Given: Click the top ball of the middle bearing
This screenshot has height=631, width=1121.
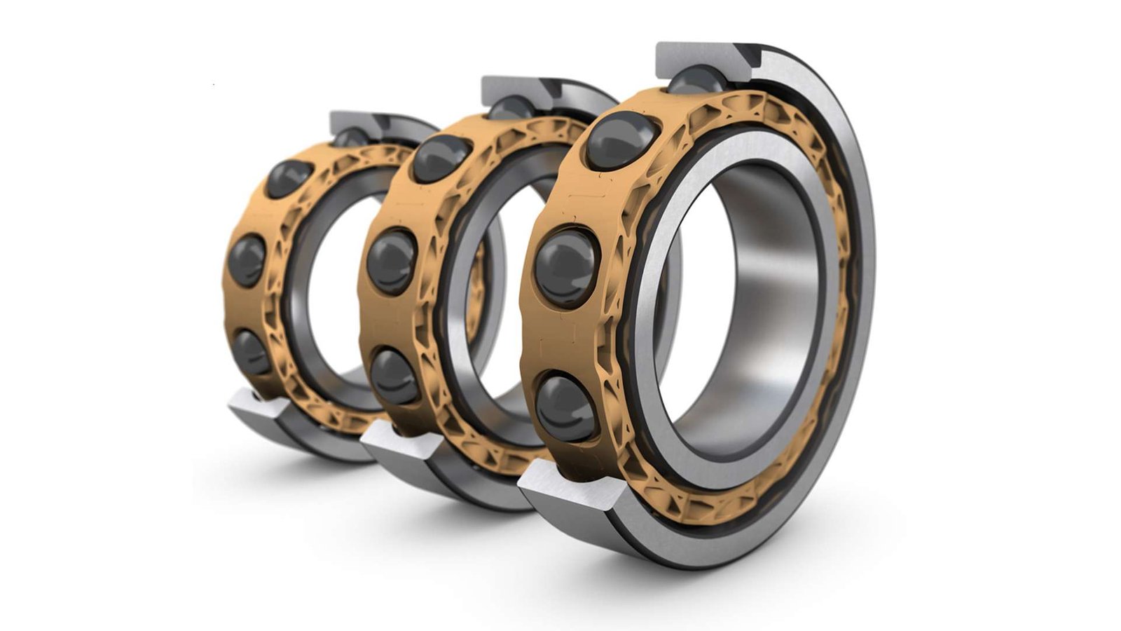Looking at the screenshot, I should coord(441,158).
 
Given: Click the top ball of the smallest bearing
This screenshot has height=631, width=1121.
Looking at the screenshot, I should coord(289,178).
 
